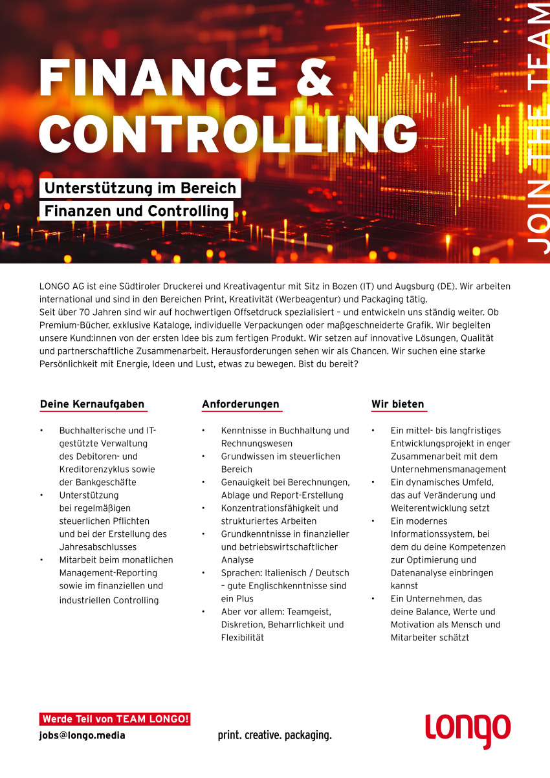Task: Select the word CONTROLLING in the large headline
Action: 228,132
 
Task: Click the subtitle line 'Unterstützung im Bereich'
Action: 140,189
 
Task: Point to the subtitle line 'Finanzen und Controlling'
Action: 137,211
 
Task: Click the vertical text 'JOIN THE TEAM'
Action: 537,129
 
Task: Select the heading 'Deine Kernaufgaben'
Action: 93,404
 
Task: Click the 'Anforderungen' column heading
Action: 241,404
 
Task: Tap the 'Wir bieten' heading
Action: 398,404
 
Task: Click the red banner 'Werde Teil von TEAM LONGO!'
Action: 115,719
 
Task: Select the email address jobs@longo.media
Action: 83,735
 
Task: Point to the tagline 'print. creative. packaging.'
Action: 274,735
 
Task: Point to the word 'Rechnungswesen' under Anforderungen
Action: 257,444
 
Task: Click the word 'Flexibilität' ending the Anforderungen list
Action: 243,638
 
